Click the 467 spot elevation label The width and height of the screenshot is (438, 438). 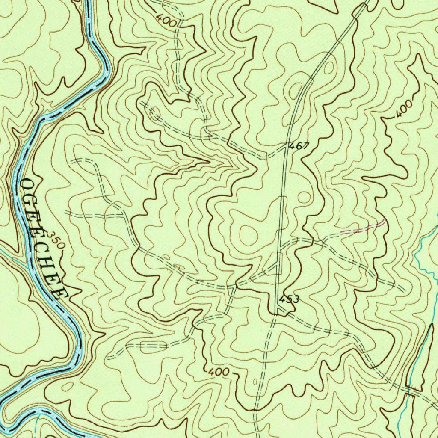click(299, 146)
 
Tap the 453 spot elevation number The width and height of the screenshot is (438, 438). click(289, 299)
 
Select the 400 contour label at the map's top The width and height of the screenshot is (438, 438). click(166, 20)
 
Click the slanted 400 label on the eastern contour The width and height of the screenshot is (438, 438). click(403, 109)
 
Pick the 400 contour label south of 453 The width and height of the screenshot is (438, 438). click(219, 372)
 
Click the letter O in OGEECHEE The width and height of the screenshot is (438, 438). click(27, 185)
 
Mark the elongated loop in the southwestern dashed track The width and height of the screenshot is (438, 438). click(153, 345)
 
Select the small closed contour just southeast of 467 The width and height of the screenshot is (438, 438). click(303, 197)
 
